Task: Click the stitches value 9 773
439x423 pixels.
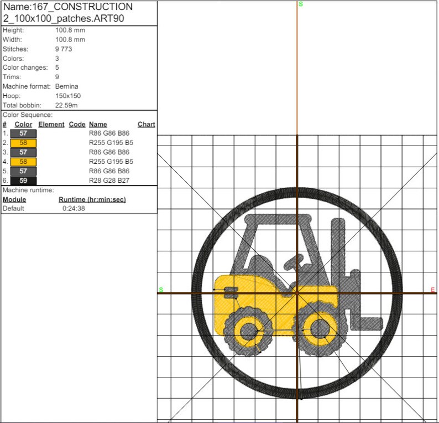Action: click(64, 49)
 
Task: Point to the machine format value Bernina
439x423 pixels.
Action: click(67, 86)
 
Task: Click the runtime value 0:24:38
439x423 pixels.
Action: click(74, 209)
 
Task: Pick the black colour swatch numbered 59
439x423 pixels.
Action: click(23, 180)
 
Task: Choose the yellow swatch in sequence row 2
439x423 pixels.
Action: click(23, 143)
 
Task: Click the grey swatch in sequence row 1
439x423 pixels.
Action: click(23, 133)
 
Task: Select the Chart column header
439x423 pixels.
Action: click(146, 125)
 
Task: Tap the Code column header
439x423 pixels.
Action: click(77, 125)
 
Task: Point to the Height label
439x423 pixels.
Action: click(13, 30)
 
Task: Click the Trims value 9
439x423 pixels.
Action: click(58, 77)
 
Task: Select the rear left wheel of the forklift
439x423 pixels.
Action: click(248, 331)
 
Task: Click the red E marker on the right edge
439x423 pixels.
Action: click(433, 290)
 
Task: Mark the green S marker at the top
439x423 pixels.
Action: click(301, 4)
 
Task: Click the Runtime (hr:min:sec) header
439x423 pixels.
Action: click(92, 199)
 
